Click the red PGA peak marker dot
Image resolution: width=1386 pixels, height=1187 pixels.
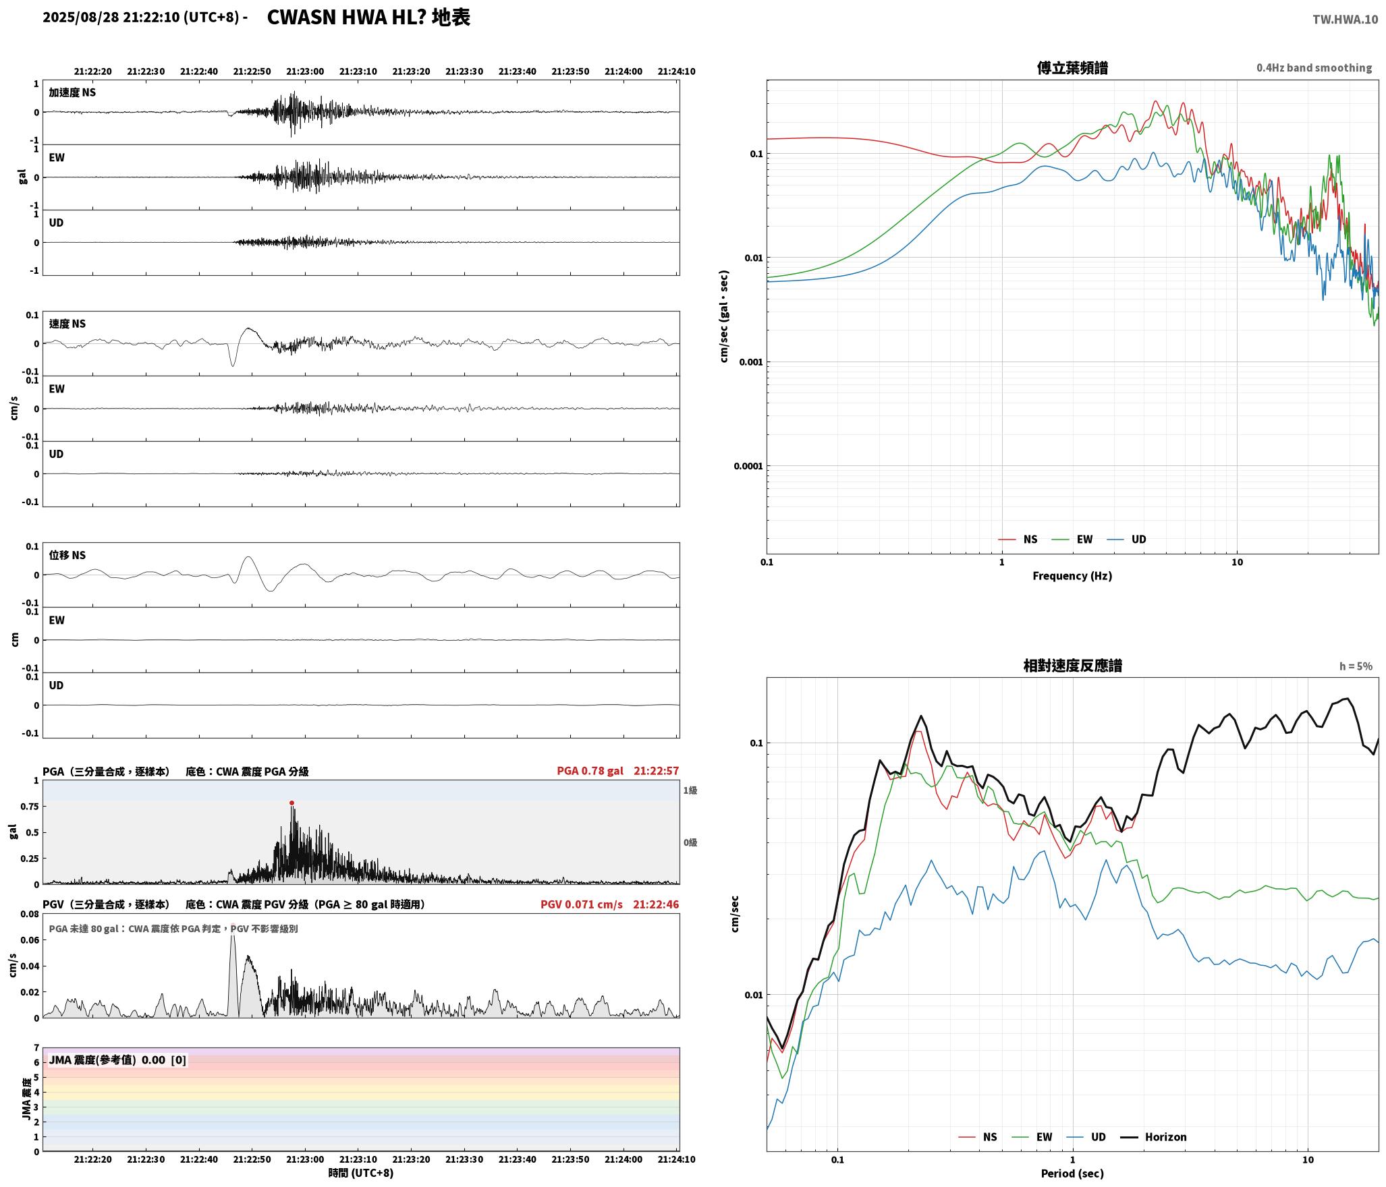coord(292,803)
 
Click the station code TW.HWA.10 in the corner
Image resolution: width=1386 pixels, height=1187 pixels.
coord(1345,20)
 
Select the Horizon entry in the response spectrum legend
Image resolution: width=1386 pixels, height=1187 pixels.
coord(1153,1136)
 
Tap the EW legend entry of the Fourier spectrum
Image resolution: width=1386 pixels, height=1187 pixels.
coord(1072,539)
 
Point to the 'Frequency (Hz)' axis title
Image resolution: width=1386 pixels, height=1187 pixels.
coord(1072,575)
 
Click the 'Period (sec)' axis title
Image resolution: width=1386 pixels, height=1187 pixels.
coord(1072,1173)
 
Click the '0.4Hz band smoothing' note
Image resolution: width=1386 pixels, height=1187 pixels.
coord(1314,67)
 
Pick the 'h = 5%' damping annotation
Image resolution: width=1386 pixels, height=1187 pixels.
coord(1356,666)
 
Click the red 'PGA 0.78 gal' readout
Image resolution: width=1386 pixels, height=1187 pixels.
coord(590,770)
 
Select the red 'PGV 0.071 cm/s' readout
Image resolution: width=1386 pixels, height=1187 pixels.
coord(581,904)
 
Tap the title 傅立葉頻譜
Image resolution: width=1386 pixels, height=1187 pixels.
coord(1072,67)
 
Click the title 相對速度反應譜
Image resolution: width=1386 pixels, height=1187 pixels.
coord(1072,665)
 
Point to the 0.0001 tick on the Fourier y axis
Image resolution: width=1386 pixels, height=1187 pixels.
coord(748,465)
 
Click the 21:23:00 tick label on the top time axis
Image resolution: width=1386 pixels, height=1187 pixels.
coord(305,71)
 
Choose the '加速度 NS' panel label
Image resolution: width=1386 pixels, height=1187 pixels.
coord(72,92)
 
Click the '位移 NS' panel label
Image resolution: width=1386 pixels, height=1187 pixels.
coord(67,555)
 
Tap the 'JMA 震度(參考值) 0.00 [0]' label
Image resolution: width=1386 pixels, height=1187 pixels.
coord(117,1060)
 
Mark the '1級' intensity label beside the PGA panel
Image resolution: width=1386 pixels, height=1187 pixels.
coord(690,790)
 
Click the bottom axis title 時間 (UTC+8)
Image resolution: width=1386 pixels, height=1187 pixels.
coord(360,1172)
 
